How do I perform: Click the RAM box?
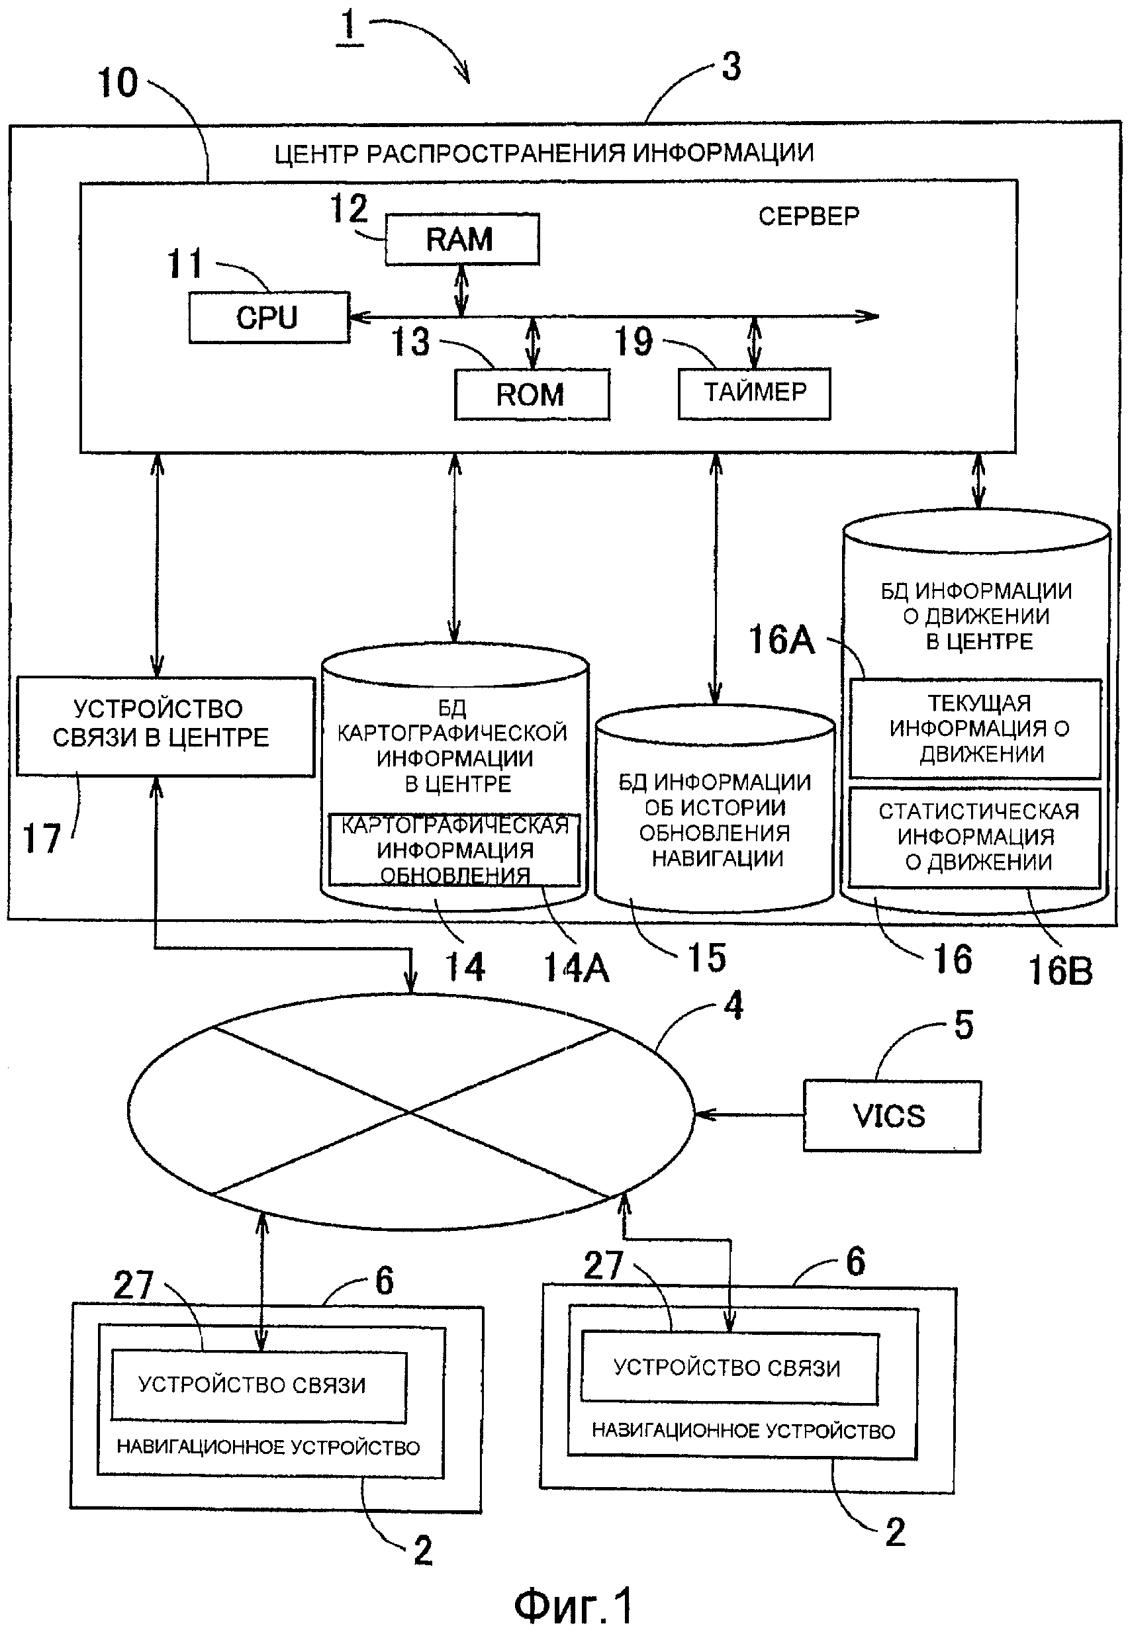pyautogui.click(x=462, y=240)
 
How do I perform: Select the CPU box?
pyautogui.click(x=269, y=317)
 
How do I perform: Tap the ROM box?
pyautogui.click(x=532, y=394)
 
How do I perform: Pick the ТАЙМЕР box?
pyautogui.click(x=754, y=393)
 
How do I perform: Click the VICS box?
pyautogui.click(x=891, y=1116)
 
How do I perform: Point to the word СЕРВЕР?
pyautogui.click(x=808, y=216)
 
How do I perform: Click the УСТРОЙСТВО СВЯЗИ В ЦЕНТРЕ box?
pyautogui.click(x=165, y=725)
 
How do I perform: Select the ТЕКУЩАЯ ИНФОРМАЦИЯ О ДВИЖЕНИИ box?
pyautogui.click(x=975, y=729)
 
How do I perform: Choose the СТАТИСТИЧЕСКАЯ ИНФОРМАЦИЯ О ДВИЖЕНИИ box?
pyautogui.click(x=975, y=837)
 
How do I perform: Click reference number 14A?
pyautogui.click(x=575, y=968)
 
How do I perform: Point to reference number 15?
pyautogui.click(x=706, y=959)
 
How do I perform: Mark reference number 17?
pyautogui.click(x=42, y=839)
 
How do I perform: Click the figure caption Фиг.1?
pyautogui.click(x=573, y=1605)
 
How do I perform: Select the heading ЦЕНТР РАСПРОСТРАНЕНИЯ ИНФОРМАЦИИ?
pyautogui.click(x=543, y=154)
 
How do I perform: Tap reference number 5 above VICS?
pyautogui.click(x=963, y=1024)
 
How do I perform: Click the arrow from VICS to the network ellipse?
pyautogui.click(x=749, y=1116)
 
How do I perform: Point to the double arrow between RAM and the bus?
pyautogui.click(x=461, y=291)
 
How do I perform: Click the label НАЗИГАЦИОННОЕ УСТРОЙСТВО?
pyautogui.click(x=743, y=1431)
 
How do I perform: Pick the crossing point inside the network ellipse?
pyautogui.click(x=409, y=1112)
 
